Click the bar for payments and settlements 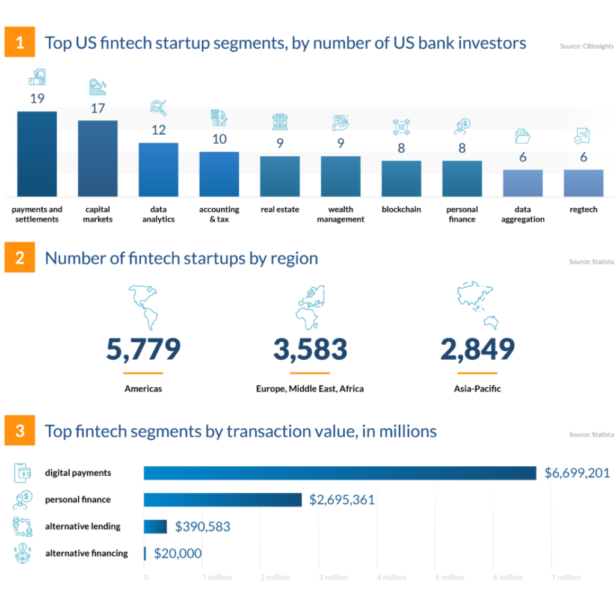37,153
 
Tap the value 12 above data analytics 158,130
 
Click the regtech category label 584,210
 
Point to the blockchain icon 401,127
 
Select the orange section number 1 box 20,43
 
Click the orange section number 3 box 20,431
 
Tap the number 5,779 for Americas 143,350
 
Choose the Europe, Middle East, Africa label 310,389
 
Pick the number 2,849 477,350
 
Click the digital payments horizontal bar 340,473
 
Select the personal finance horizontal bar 223,499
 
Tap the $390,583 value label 203,527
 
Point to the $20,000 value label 177,553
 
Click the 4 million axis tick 391,577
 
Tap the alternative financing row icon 23,553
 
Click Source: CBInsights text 587,45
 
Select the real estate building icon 280,122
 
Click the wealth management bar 340,176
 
